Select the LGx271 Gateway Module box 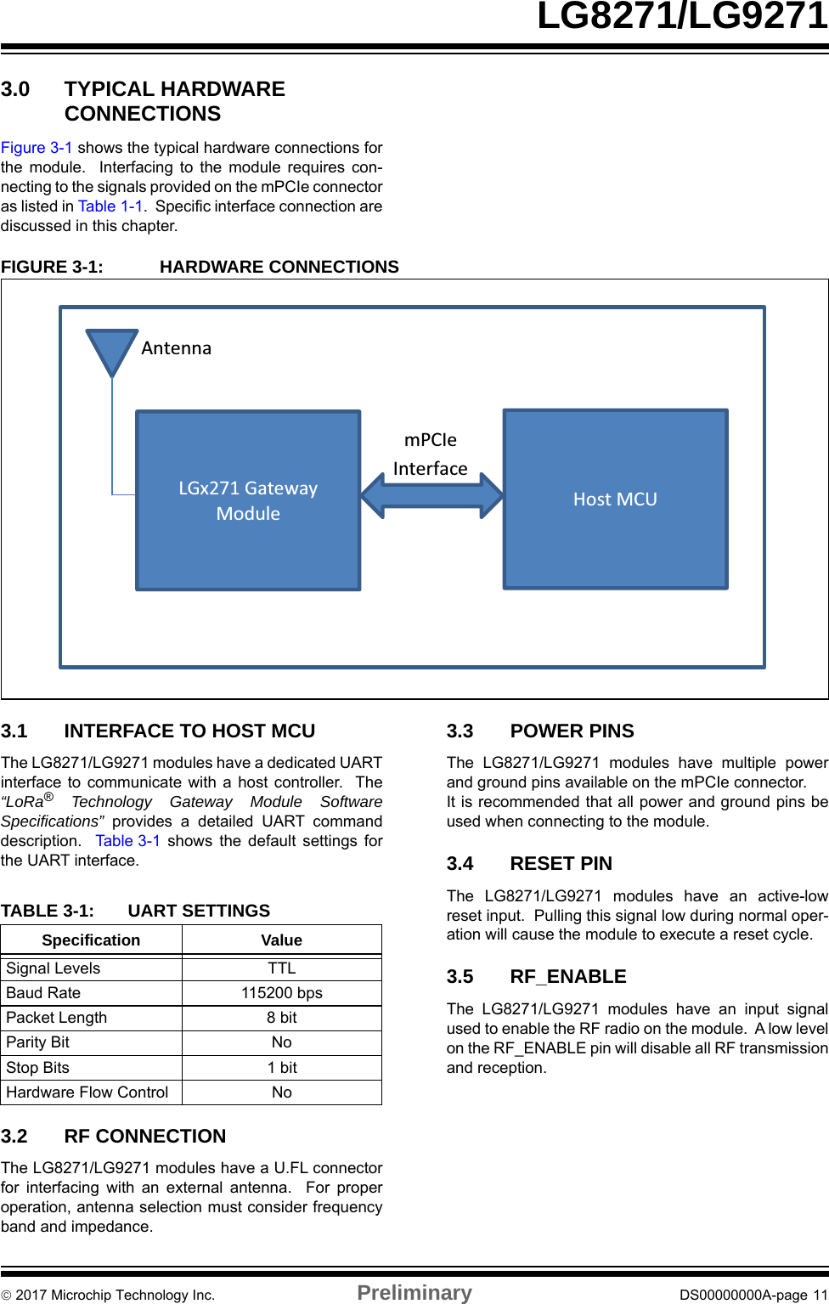point(248,500)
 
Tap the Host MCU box point(615,500)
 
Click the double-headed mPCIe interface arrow point(431,495)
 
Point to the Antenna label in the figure point(176,348)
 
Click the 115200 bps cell point(282,993)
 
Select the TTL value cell point(282,968)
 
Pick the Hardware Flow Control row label point(87,1092)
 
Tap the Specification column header point(91,940)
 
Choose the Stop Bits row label point(38,1068)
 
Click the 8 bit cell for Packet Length point(282,1018)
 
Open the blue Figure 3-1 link point(37,148)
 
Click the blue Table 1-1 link point(110,206)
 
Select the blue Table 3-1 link point(127,841)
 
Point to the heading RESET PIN point(561,864)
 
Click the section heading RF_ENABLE point(568,977)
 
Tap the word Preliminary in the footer point(414,1293)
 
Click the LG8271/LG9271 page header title point(682,16)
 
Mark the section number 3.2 point(14,1137)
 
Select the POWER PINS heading point(572,731)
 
